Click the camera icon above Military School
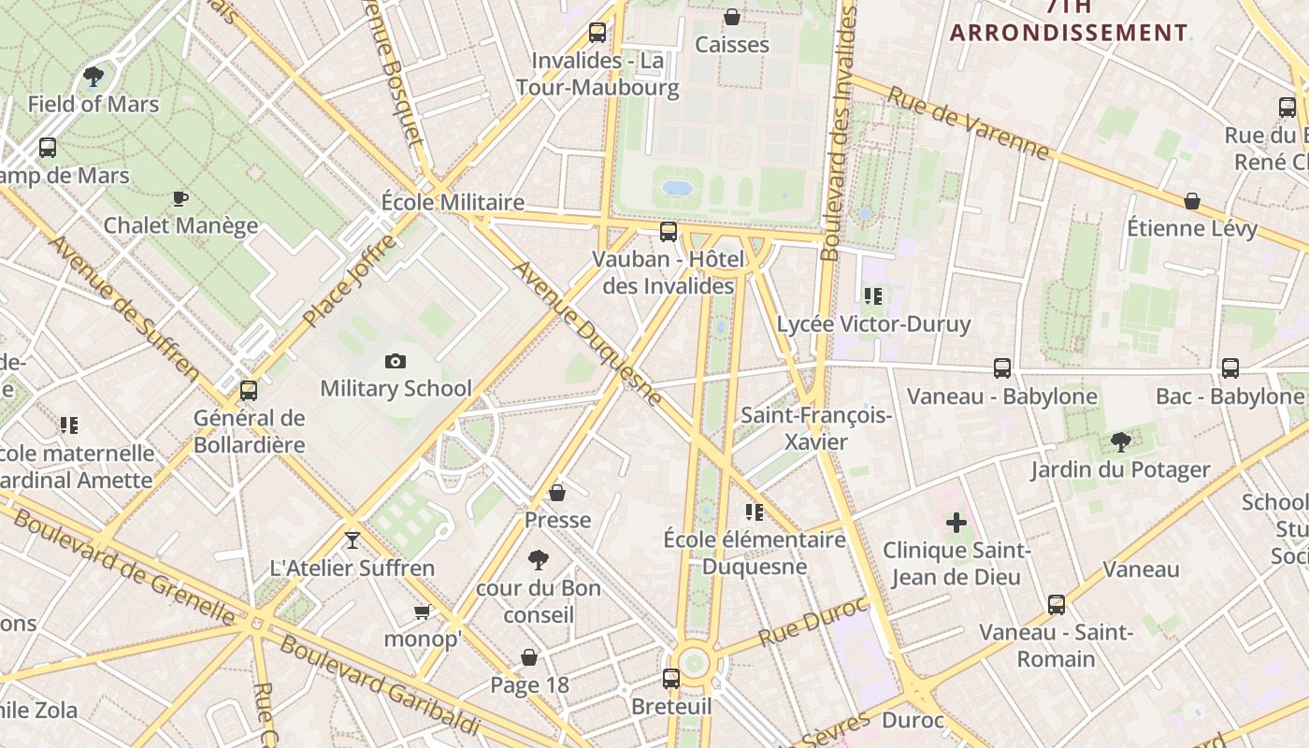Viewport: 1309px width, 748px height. tap(396, 361)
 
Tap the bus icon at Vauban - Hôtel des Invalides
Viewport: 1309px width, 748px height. tap(669, 231)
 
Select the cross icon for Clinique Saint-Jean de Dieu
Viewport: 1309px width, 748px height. tap(956, 523)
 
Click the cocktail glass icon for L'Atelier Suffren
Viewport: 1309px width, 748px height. tap(352, 539)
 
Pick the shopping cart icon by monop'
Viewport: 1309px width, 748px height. tap(422, 611)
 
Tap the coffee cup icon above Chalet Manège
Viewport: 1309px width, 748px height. tap(180, 198)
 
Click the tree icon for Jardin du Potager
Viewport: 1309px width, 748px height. tap(1120, 441)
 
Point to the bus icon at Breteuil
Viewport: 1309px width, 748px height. tap(671, 678)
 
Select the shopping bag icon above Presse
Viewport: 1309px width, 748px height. tap(557, 492)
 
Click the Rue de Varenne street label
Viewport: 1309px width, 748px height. tap(968, 122)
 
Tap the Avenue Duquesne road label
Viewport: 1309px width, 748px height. tap(588, 333)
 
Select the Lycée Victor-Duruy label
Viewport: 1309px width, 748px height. tap(874, 324)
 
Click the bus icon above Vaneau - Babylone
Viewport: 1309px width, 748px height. tap(1002, 367)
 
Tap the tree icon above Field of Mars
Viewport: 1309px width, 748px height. tap(93, 76)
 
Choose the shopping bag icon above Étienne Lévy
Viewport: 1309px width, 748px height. tap(1192, 201)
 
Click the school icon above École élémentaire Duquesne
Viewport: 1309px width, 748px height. tap(755, 511)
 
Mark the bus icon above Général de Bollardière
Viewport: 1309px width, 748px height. tap(249, 390)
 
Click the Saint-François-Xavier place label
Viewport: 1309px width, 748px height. tap(816, 428)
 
